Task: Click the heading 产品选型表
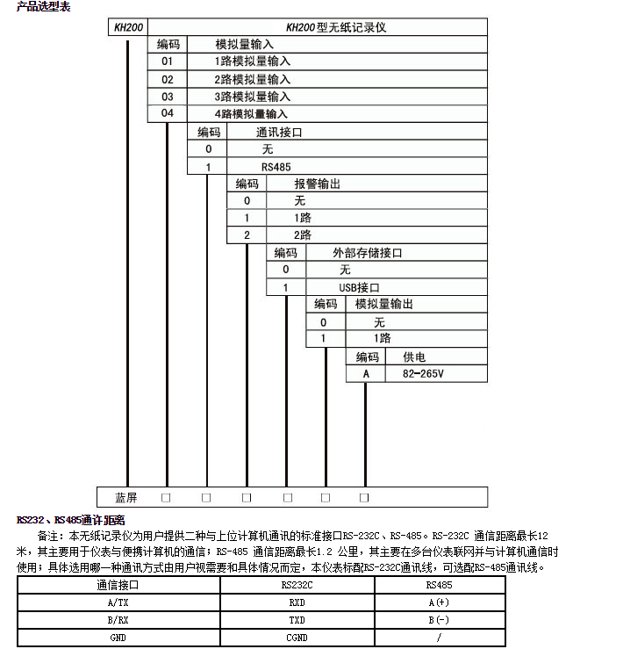pos(43,7)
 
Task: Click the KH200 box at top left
pos(128,27)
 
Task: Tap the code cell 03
pos(167,97)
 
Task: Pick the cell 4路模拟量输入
pos(252,114)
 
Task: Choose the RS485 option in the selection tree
pos(276,166)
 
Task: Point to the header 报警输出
pos(317,184)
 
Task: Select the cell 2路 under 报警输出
pos(303,235)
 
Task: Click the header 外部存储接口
pos(367,253)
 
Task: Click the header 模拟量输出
pos(383,304)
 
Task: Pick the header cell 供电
pos(414,357)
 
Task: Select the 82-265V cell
pos(424,373)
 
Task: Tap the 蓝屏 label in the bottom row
pos(127,497)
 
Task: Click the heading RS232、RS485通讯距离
pos(71,520)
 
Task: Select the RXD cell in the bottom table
pos(297,602)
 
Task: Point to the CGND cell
pos(297,638)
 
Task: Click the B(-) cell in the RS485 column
pos(439,620)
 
